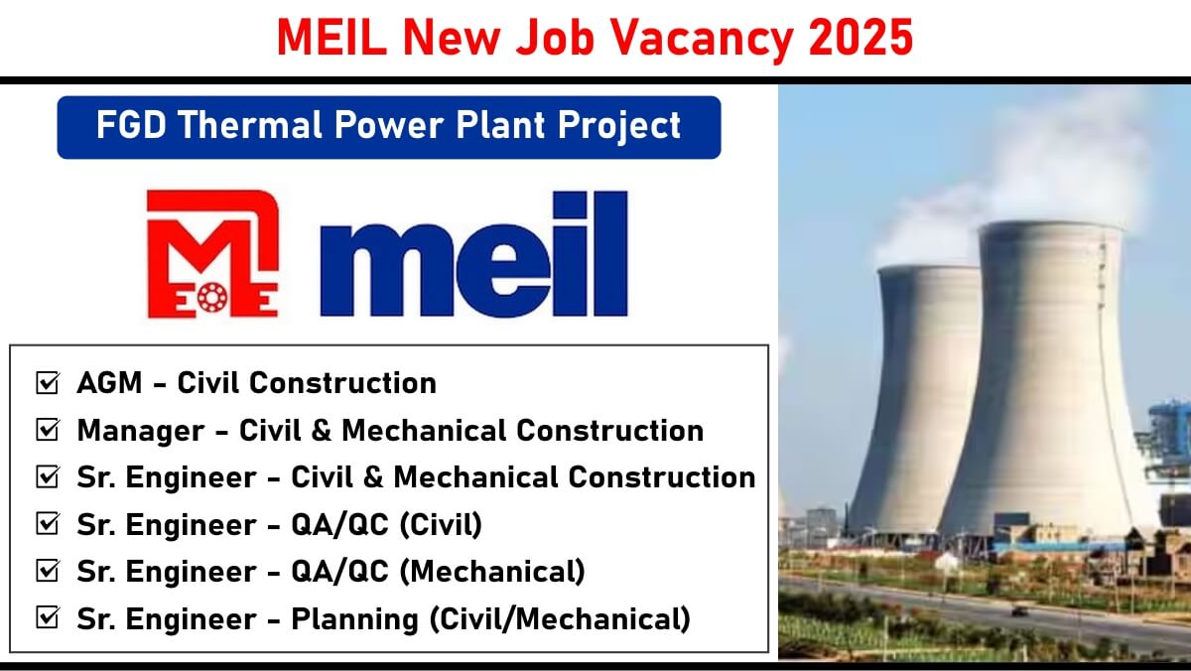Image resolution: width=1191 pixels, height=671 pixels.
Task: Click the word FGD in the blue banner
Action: [131, 125]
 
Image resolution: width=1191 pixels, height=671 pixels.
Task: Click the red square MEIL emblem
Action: [212, 254]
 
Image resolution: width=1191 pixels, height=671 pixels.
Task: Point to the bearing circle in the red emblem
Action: [212, 298]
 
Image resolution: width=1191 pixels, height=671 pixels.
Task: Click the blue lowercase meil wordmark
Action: [473, 254]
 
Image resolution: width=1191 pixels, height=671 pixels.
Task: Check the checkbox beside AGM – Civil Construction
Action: [48, 383]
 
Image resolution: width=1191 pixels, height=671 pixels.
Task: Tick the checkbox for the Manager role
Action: [48, 430]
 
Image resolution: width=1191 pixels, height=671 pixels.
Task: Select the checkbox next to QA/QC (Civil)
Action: [48, 524]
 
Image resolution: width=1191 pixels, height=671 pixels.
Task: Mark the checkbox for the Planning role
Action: [48, 617]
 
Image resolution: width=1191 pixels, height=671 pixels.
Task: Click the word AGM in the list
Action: [109, 383]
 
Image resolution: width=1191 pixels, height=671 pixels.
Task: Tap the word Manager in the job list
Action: [141, 431]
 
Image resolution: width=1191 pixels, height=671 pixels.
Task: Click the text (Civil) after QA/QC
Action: [441, 525]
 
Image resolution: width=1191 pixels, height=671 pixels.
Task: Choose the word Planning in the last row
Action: [354, 620]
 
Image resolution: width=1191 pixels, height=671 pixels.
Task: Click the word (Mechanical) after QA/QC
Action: [492, 572]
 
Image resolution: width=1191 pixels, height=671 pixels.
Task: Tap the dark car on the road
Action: [1019, 611]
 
